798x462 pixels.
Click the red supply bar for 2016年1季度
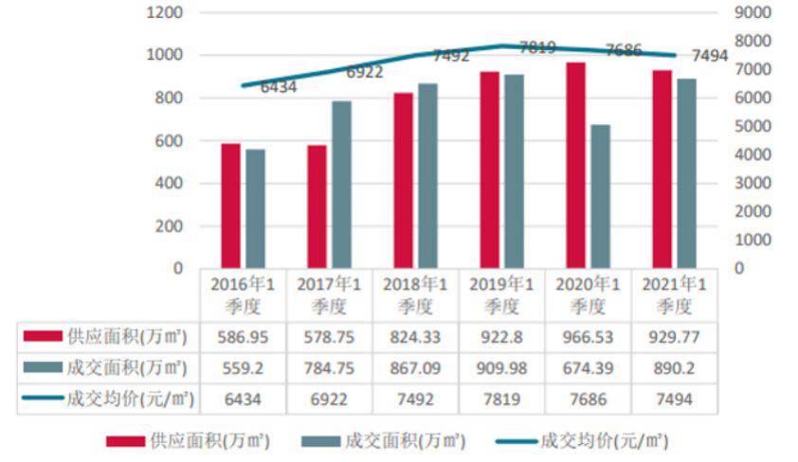click(231, 205)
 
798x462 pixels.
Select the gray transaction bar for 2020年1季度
click(599, 196)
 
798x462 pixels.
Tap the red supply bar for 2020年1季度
click(575, 165)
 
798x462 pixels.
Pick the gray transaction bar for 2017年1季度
click(341, 185)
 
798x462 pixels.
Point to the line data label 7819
click(537, 47)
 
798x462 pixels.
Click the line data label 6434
click(279, 87)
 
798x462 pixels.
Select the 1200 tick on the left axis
click(164, 13)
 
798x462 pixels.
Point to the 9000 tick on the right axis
click(753, 13)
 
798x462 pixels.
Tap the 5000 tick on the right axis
click(753, 127)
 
